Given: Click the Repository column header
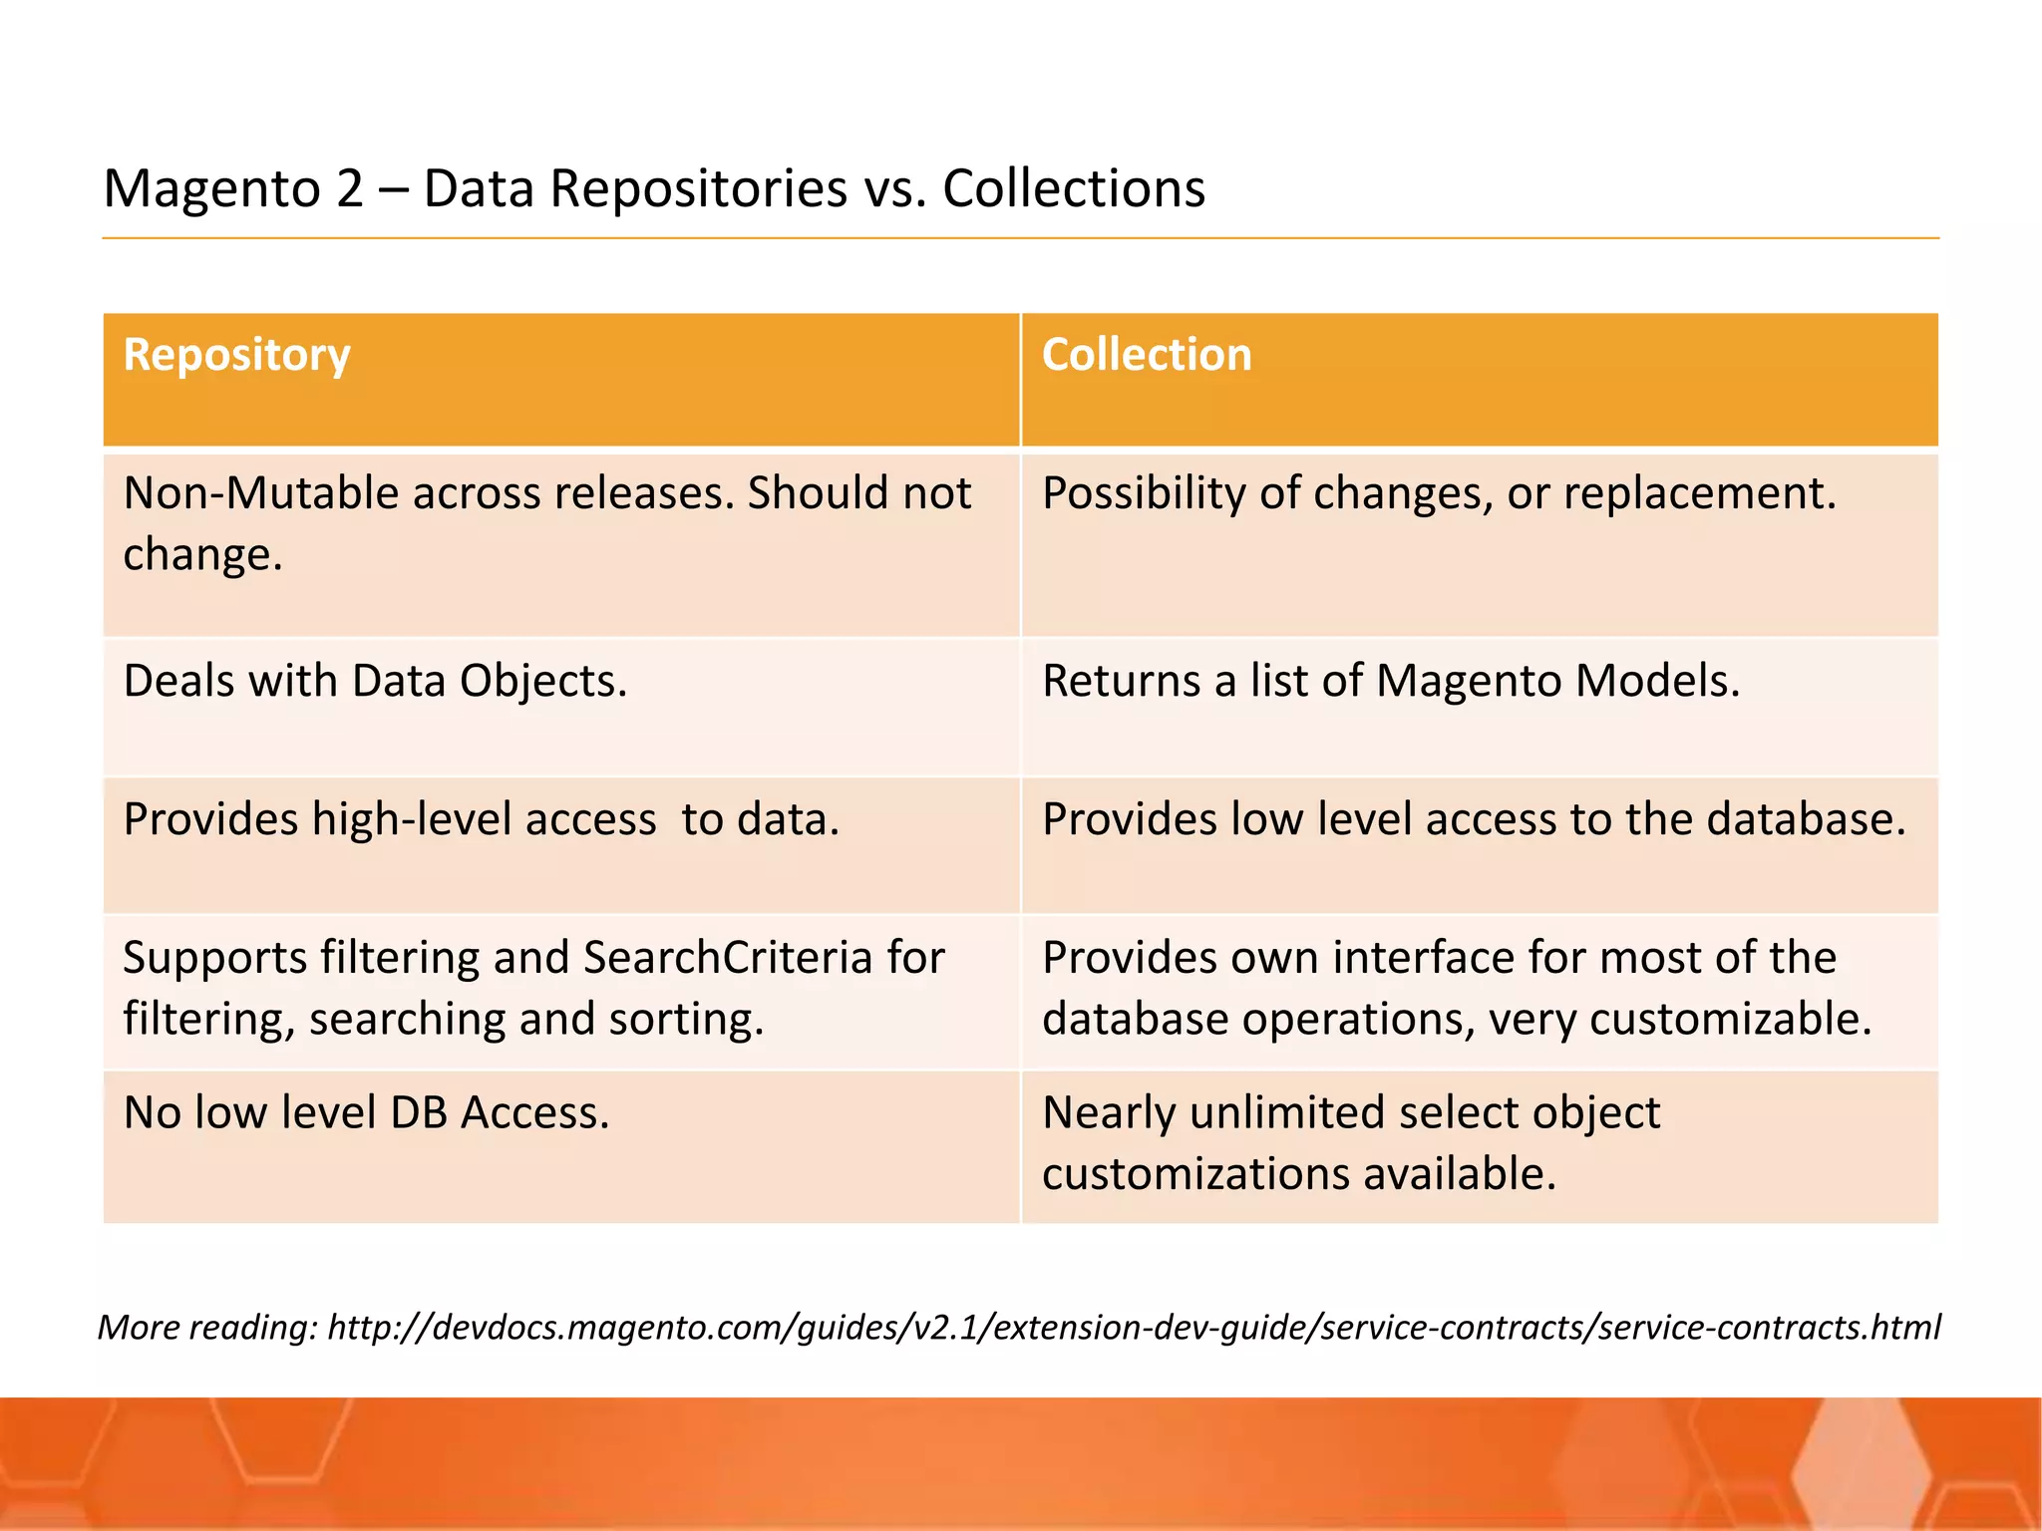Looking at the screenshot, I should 236,355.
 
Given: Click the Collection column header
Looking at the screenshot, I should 1147,355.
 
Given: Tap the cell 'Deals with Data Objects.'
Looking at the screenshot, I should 375,682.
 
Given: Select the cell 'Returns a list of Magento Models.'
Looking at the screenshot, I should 1391,682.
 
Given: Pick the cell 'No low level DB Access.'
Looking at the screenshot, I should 366,1112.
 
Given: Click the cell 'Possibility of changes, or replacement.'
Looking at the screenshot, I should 1439,493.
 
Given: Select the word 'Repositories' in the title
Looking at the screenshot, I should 698,188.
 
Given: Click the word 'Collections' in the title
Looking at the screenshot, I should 1074,188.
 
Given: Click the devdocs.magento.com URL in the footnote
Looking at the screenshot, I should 1134,1328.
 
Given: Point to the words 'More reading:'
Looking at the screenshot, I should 207,1328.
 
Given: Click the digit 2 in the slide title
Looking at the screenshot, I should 349,188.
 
